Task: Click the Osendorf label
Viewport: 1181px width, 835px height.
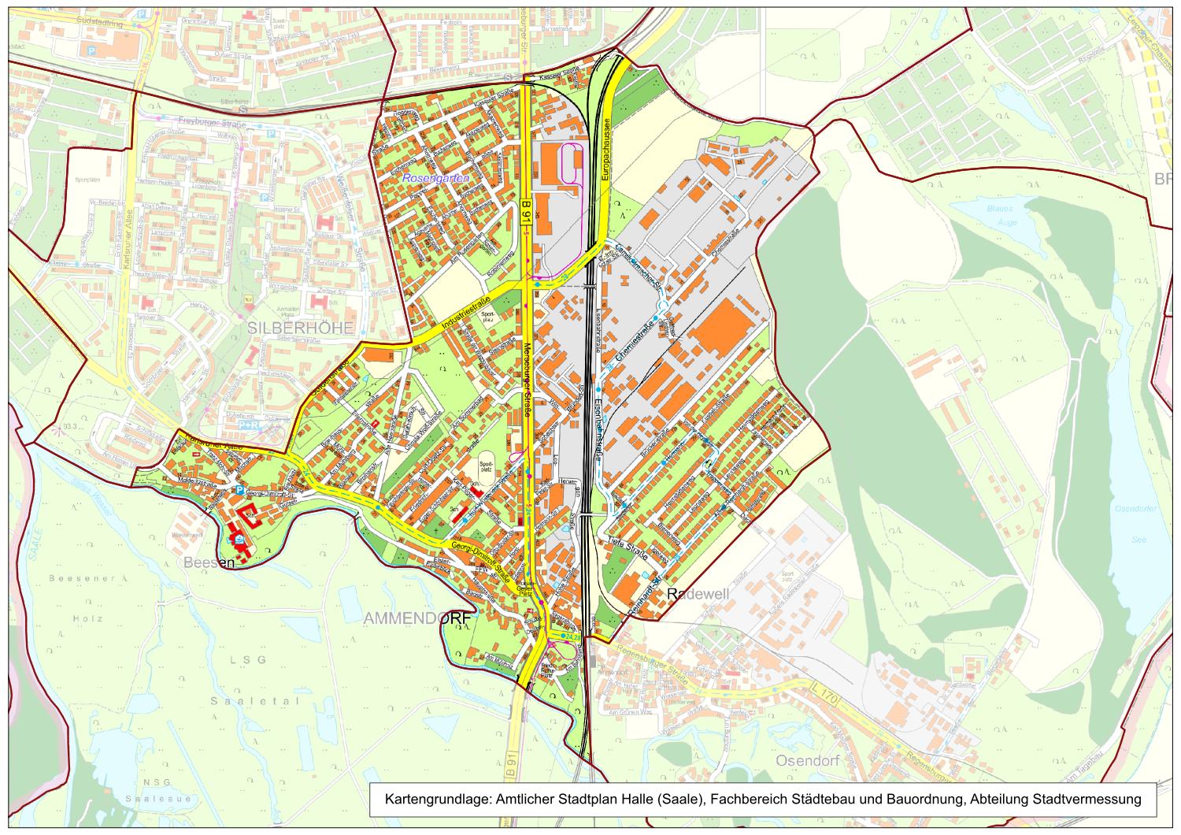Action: point(809,761)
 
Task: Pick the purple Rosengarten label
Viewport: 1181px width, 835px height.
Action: point(435,180)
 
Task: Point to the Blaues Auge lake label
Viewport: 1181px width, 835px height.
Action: point(999,215)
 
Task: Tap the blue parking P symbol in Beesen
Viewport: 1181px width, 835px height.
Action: point(239,490)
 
